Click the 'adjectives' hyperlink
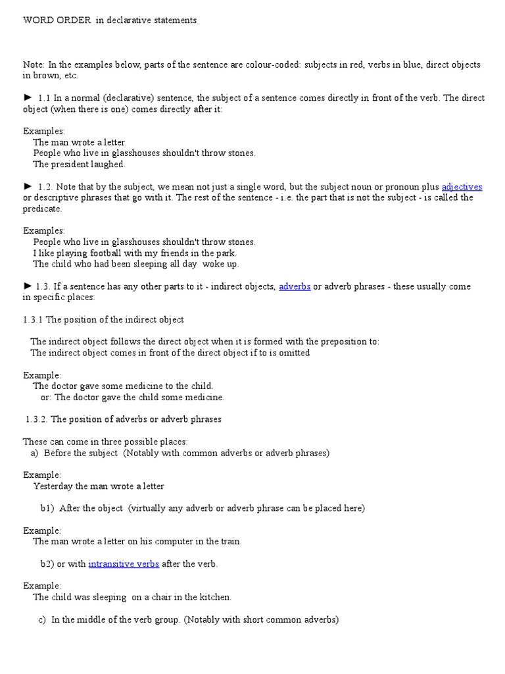[462, 187]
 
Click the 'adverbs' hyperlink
[295, 287]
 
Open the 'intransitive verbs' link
[124, 564]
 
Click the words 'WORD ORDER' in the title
[57, 20]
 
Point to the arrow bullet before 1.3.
[28, 286]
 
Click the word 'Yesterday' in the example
[53, 486]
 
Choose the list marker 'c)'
[42, 620]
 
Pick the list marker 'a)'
[35, 453]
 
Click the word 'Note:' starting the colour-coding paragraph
[34, 65]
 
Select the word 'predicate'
[42, 209]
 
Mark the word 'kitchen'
[214, 598]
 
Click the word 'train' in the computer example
[229, 542]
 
